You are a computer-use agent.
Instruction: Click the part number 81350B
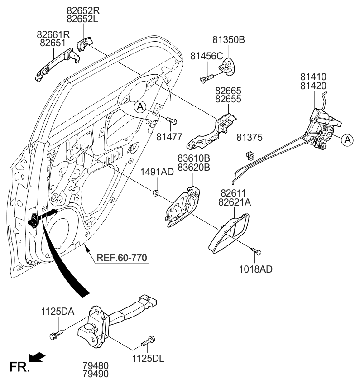click(229, 40)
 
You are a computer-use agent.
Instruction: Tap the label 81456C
click(206, 56)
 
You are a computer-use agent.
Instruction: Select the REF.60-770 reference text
click(122, 259)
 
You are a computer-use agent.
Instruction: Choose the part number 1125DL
click(148, 360)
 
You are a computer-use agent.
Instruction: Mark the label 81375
click(249, 137)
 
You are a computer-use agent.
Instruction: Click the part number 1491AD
click(157, 172)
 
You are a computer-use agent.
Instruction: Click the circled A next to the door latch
click(346, 140)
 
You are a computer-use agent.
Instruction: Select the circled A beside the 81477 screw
click(141, 107)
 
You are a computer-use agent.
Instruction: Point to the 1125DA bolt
click(56, 335)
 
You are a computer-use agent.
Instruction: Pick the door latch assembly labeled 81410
click(322, 129)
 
